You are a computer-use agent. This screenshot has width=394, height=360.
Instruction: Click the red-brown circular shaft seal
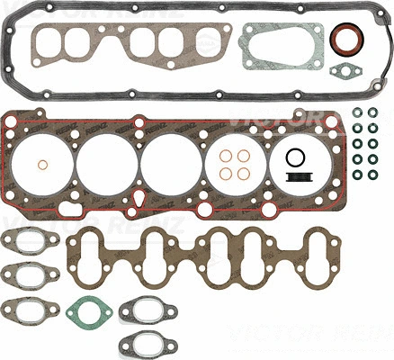pyautogui.click(x=345, y=42)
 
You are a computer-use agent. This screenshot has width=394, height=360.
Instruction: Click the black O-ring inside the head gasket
pyautogui.click(x=294, y=158)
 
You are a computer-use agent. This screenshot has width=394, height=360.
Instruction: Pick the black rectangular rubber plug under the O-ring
pyautogui.click(x=294, y=180)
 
